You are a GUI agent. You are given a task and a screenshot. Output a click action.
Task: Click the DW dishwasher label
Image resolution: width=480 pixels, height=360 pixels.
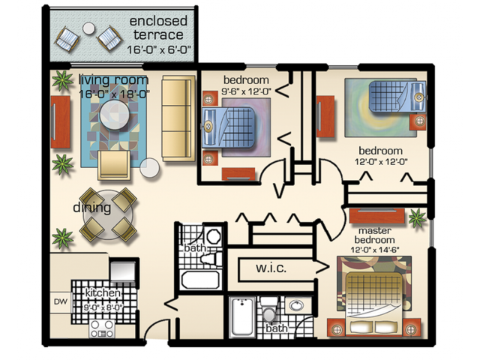[61, 301]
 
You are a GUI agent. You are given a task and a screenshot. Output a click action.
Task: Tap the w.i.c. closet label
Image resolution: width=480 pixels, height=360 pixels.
[271, 268]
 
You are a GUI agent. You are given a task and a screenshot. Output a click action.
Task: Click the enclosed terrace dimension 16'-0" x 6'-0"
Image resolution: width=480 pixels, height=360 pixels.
[159, 49]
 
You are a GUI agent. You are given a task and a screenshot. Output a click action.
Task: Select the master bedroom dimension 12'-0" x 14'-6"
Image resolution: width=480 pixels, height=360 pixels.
[375, 250]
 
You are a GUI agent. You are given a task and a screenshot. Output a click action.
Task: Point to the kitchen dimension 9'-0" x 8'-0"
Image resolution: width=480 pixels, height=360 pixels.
[103, 307]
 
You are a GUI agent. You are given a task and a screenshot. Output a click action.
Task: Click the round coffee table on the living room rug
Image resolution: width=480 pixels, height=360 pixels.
[115, 115]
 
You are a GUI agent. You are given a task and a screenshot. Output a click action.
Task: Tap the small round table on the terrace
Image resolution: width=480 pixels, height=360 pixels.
[88, 28]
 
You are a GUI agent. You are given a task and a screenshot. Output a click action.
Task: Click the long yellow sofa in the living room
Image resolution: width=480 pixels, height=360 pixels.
[178, 118]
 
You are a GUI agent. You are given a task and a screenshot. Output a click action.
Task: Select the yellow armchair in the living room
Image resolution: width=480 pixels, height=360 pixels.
[114, 165]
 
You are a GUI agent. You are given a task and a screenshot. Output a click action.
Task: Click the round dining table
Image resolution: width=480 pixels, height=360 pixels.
[108, 215]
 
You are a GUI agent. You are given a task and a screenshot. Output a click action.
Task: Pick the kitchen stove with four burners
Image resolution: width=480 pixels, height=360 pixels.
[102, 328]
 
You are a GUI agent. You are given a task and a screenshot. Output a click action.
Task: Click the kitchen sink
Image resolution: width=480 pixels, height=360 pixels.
[123, 270]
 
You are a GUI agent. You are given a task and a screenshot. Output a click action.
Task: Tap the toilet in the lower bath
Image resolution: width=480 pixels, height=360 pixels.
[269, 309]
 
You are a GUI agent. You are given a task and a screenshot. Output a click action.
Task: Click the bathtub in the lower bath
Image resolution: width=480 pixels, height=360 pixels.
[242, 316]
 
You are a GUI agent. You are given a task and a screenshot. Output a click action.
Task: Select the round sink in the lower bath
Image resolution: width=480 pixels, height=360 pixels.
[296, 305]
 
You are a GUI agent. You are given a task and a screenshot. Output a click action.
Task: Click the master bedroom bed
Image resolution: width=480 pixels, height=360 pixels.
[374, 304]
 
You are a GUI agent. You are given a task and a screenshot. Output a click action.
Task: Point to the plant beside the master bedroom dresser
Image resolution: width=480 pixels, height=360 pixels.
[417, 218]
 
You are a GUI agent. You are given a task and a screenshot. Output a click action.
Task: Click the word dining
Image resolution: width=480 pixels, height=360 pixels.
[91, 208]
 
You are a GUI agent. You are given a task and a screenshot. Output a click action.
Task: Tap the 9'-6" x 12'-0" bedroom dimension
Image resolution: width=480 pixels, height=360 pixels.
[247, 91]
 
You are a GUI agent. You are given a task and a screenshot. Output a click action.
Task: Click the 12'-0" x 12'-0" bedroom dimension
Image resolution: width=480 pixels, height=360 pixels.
[381, 162]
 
